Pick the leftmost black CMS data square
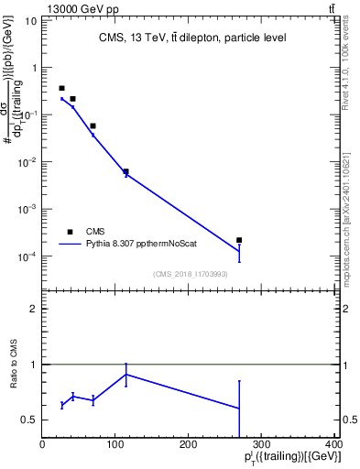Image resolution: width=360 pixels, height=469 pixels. [61, 88]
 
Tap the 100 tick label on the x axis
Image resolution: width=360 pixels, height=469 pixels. [115, 442]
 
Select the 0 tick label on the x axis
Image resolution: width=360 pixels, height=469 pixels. [42, 442]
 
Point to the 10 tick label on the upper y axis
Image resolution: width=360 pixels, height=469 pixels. [30, 20]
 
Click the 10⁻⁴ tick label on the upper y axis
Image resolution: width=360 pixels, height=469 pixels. [27, 256]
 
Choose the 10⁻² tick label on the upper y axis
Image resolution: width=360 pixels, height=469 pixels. [27, 162]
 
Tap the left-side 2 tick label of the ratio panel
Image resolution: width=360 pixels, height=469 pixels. [35, 309]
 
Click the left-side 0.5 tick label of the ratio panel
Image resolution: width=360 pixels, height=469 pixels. [30, 420]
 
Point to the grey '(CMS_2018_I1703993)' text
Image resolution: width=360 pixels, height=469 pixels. [190, 274]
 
